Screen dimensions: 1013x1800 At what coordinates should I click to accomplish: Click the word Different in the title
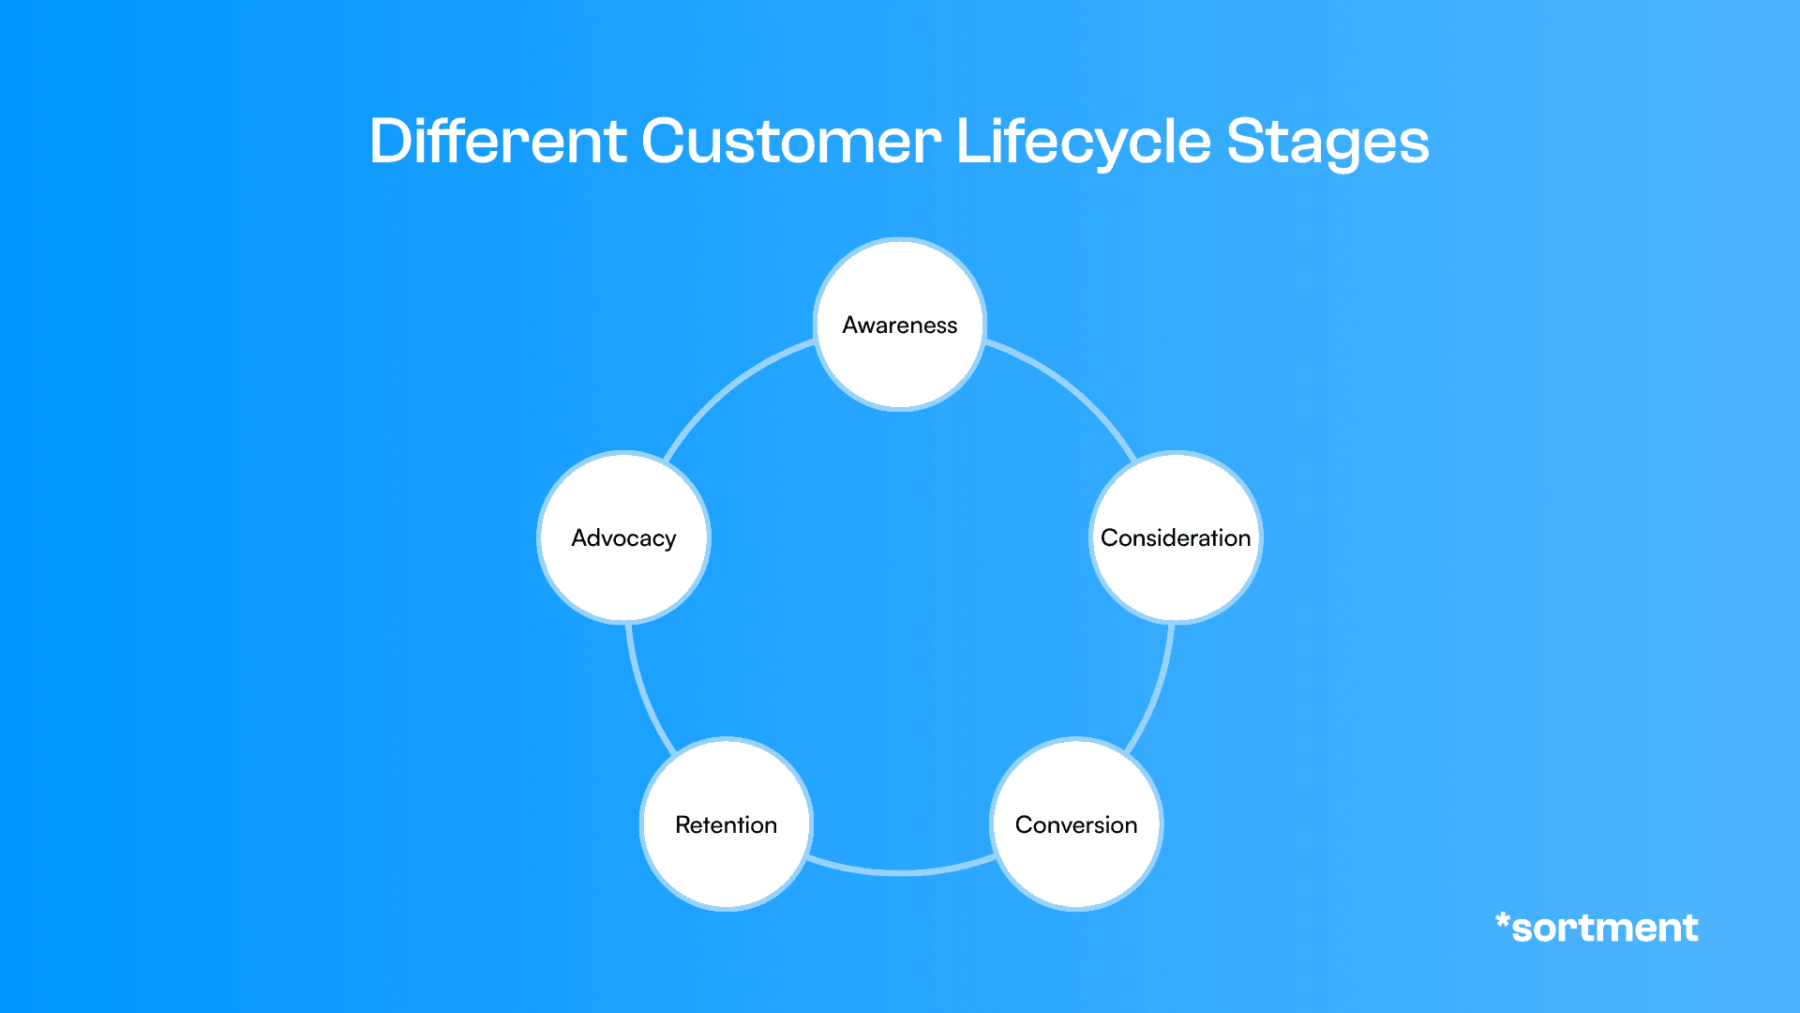click(x=498, y=143)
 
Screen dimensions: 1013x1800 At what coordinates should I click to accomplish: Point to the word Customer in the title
click(x=791, y=143)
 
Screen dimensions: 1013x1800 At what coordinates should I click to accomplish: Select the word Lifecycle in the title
click(x=1084, y=143)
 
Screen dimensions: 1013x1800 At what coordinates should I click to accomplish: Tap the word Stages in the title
click(x=1327, y=143)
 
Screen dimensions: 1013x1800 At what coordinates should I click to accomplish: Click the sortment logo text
click(x=1605, y=929)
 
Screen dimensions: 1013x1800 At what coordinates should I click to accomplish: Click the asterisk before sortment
click(x=1502, y=921)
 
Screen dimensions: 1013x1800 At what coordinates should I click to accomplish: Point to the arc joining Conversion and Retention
click(x=900, y=872)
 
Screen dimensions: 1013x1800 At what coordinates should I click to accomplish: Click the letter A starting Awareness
click(x=850, y=325)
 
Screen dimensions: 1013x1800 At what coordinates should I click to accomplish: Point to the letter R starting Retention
click(x=682, y=824)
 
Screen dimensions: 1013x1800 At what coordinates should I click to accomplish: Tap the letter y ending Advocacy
click(x=669, y=541)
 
